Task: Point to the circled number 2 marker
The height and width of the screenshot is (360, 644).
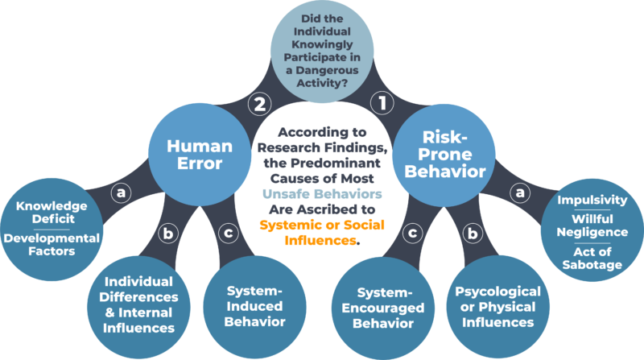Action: point(259,103)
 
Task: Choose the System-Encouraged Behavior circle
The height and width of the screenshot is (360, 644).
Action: point(386,305)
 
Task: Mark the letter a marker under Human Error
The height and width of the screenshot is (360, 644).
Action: point(121,192)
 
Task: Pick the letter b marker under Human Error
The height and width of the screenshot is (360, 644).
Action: point(168,234)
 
